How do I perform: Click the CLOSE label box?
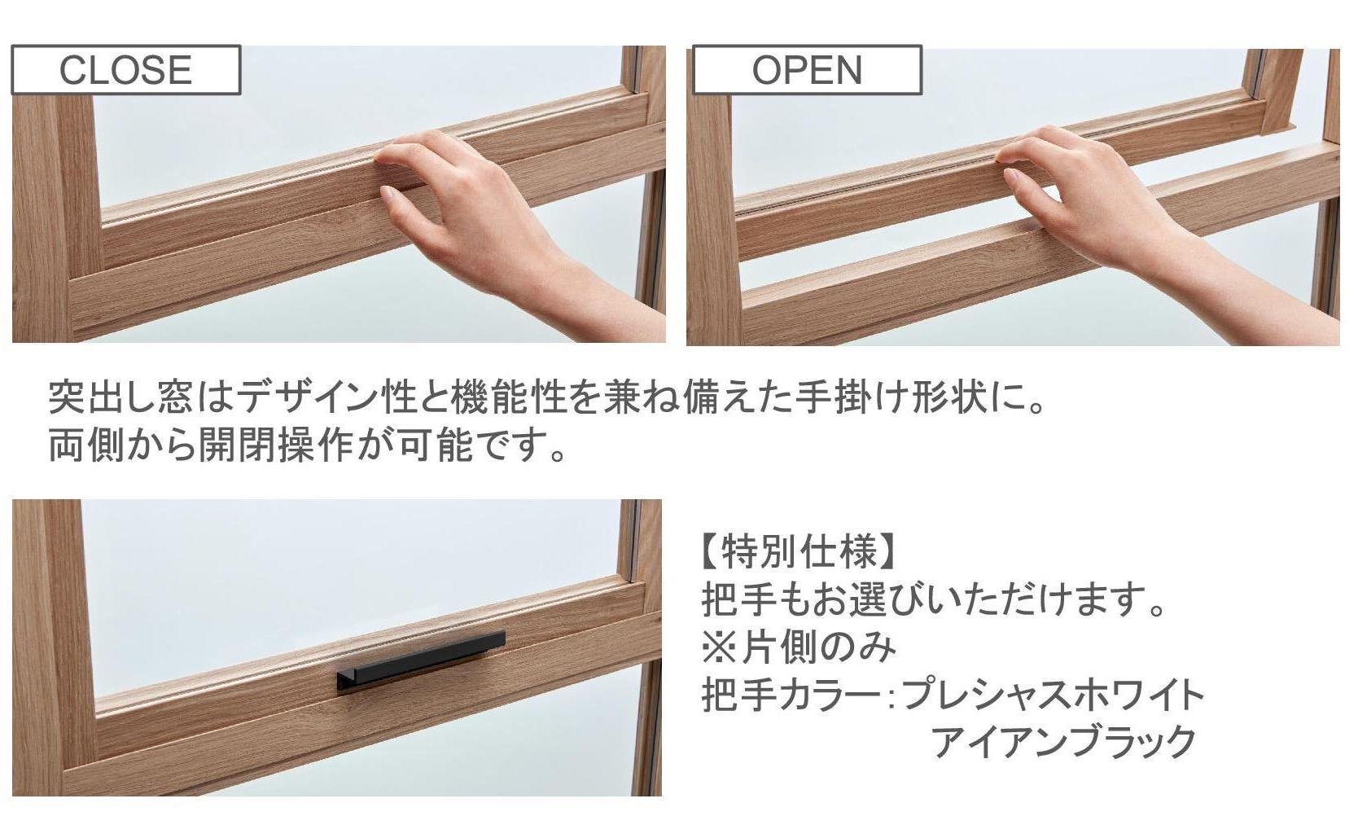tap(126, 70)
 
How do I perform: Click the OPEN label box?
tap(807, 70)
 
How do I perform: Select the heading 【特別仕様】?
tap(798, 553)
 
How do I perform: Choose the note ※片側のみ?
tap(799, 647)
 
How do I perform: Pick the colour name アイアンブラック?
tap(1064, 742)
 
